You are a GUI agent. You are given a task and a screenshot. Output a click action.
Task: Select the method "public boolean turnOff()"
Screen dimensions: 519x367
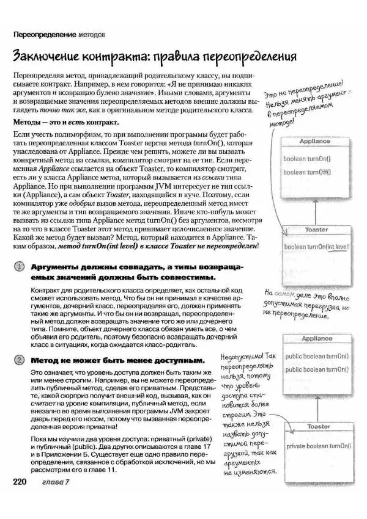tap(317, 369)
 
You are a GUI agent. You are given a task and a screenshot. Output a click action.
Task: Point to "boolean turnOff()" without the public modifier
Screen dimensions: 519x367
tap(307, 172)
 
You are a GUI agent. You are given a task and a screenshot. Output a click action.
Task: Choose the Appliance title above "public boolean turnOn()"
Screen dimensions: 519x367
tap(317, 338)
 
